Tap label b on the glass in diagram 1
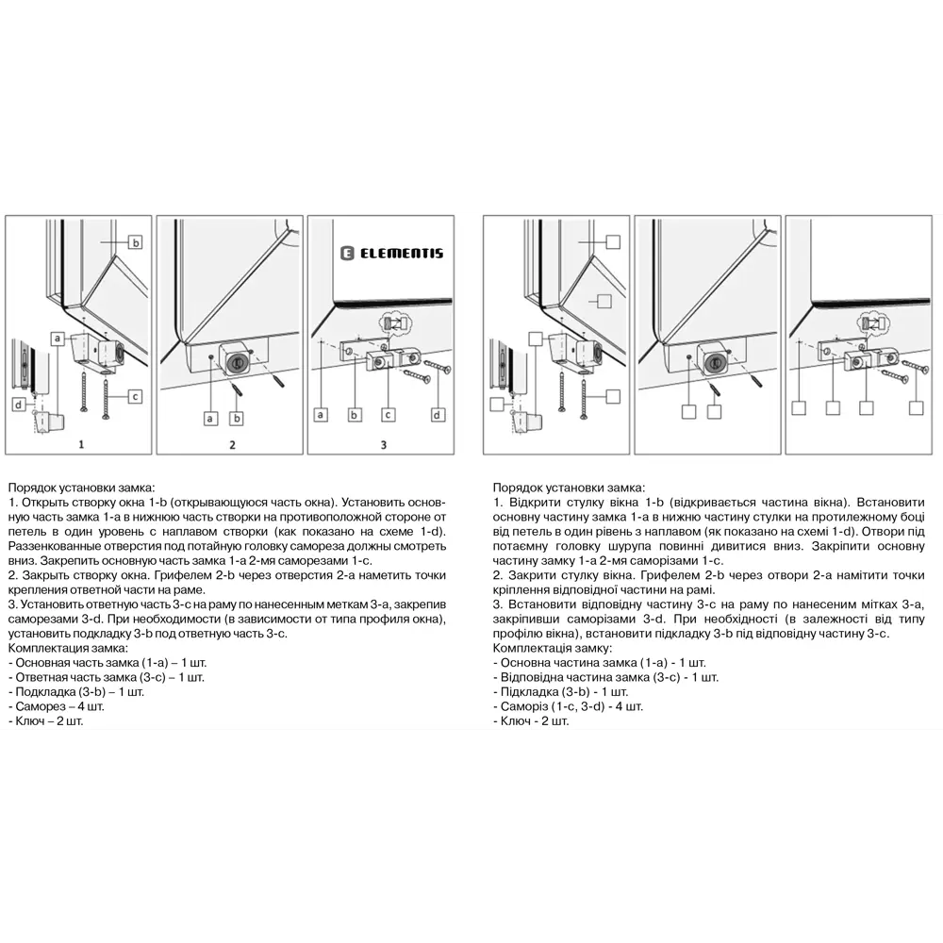click(x=135, y=242)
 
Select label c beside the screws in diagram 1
click(x=135, y=396)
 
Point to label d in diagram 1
click(x=18, y=405)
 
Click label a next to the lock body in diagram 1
click(x=58, y=338)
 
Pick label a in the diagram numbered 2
click(x=210, y=417)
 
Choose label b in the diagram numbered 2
click(x=237, y=417)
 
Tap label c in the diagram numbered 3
click(x=389, y=414)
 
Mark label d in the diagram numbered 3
click(x=438, y=414)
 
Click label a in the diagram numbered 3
click(x=321, y=414)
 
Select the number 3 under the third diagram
click(x=383, y=443)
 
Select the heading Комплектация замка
click(x=65, y=649)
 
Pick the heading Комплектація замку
click(x=552, y=649)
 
